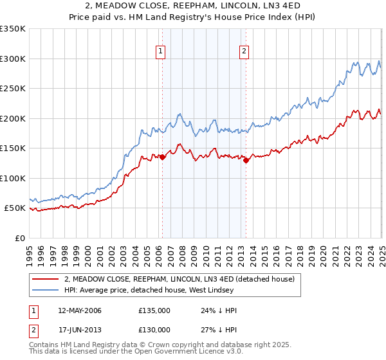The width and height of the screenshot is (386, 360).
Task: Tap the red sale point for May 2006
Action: click(163, 156)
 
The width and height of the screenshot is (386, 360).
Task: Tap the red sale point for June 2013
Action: click(246, 161)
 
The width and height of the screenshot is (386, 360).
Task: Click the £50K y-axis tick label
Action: click(15, 208)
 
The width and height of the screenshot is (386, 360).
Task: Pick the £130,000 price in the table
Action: click(154, 330)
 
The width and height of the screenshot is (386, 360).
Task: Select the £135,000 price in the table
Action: click(154, 310)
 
